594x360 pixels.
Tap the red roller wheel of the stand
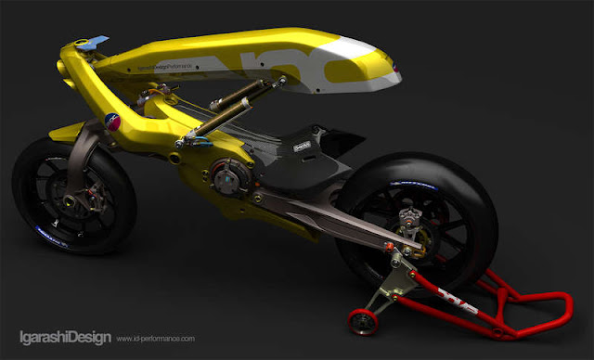point(357,321)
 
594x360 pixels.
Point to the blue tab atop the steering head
point(97,42)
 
